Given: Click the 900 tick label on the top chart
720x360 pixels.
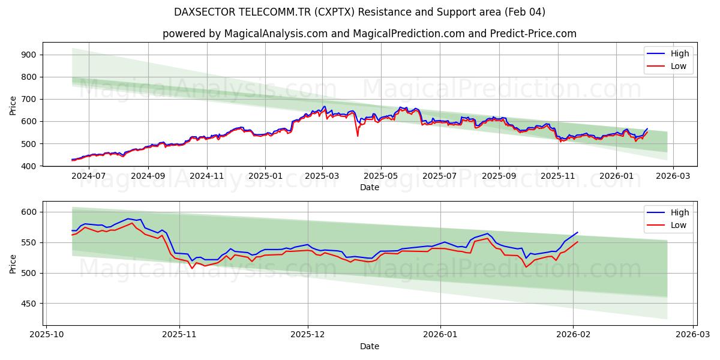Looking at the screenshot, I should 29,55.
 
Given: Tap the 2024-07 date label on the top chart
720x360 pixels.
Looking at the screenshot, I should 89,176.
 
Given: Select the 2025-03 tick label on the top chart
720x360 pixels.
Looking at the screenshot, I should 322,176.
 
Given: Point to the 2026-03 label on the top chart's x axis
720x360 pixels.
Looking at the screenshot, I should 673,176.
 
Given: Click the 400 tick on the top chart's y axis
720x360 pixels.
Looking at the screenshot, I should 29,166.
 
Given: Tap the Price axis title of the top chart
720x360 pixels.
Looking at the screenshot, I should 13,105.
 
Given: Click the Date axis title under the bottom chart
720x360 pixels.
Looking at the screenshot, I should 370,346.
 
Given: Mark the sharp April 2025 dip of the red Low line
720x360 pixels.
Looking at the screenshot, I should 358,136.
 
